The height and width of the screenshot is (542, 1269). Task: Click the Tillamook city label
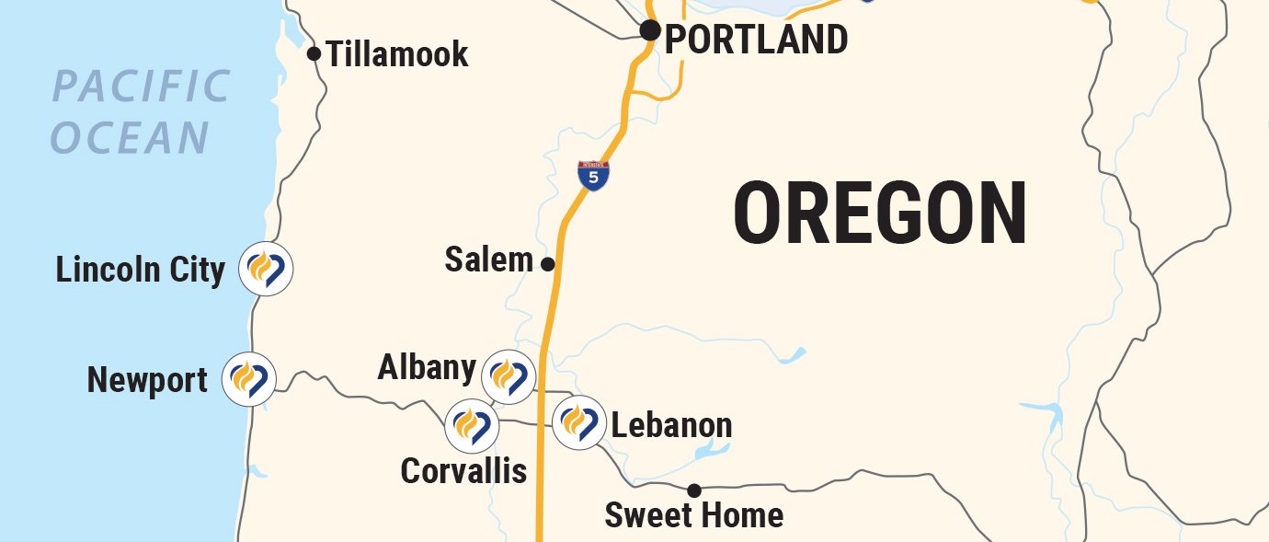click(397, 55)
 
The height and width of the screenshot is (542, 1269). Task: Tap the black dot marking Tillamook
click(314, 53)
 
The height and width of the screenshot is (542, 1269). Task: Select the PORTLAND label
click(756, 40)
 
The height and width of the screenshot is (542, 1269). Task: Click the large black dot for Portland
click(650, 30)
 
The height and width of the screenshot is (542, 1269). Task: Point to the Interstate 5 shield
click(594, 176)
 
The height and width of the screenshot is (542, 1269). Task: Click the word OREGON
click(880, 214)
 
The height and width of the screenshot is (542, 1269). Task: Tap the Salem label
click(488, 259)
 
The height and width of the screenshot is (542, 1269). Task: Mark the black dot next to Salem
click(547, 264)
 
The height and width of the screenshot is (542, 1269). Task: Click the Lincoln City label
click(140, 271)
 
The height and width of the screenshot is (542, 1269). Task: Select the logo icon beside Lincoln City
click(266, 269)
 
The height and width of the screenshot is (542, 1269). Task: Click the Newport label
click(147, 380)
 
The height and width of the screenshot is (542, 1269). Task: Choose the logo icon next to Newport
click(249, 378)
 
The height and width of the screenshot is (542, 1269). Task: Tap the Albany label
click(427, 368)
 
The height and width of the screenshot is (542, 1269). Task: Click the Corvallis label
click(463, 471)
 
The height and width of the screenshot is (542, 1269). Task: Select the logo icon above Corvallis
click(472, 426)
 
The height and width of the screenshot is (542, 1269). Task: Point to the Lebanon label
click(671, 426)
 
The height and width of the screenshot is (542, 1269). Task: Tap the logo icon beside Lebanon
click(579, 422)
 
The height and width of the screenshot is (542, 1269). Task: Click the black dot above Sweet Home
click(694, 490)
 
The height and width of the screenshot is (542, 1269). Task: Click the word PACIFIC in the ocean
click(141, 87)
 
